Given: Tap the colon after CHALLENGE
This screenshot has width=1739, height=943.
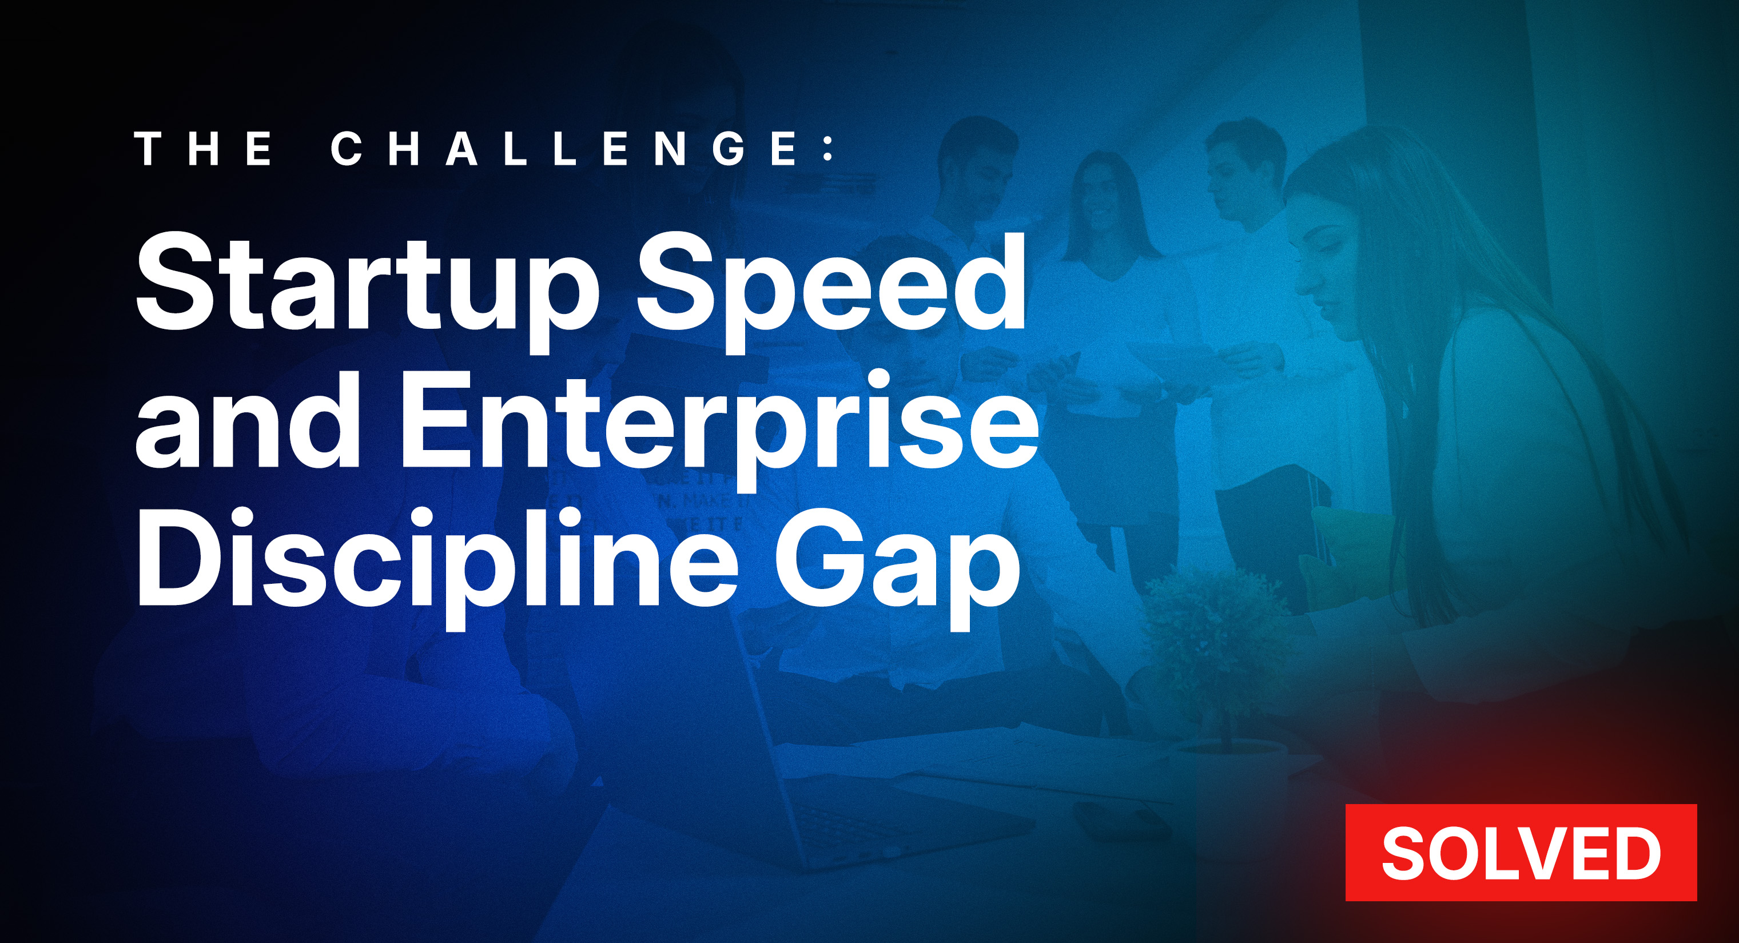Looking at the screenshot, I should tap(829, 149).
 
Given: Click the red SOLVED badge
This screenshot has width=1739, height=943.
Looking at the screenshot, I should tap(1521, 852).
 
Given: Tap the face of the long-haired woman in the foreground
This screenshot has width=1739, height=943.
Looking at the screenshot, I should tap(1323, 270).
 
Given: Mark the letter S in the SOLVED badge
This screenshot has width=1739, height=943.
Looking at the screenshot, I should tap(1404, 853).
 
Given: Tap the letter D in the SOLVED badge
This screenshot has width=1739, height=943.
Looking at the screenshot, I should tap(1634, 853).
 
